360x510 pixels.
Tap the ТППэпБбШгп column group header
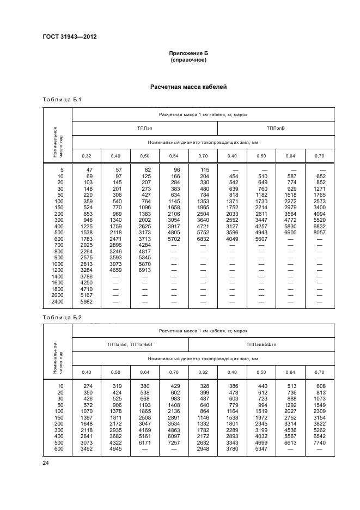coord(261,344)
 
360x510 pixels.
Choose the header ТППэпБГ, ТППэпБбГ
coord(130,344)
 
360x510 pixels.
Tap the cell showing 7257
coord(174,443)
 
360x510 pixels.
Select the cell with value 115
coord(204,170)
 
